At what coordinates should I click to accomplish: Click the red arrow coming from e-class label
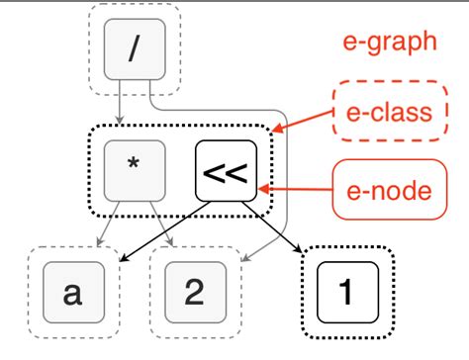click(x=307, y=121)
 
